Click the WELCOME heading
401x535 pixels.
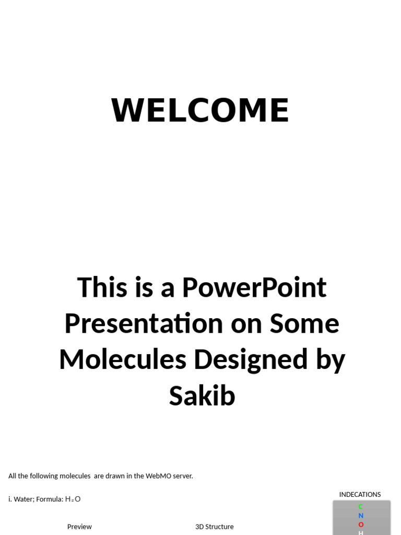(x=200, y=111)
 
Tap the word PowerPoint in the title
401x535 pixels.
(x=254, y=288)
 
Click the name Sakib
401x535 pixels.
(x=202, y=396)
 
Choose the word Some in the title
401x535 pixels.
(x=304, y=323)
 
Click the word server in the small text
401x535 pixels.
(x=182, y=476)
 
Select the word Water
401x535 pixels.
(x=23, y=499)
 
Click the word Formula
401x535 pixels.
(x=49, y=499)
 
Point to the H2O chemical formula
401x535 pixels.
(x=73, y=499)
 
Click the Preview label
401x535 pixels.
(x=79, y=527)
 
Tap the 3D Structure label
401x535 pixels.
(x=215, y=527)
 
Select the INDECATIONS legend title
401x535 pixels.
(x=360, y=494)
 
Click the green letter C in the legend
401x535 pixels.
(x=360, y=507)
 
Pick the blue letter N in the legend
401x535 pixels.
(x=361, y=516)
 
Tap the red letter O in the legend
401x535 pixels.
(x=361, y=525)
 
